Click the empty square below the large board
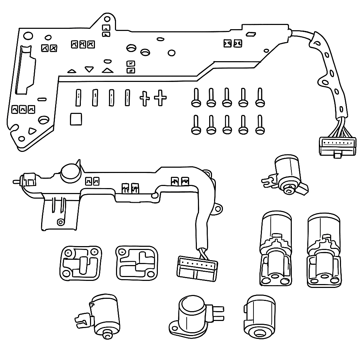[76, 119]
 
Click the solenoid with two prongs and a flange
[194, 314]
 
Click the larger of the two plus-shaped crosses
[160, 98]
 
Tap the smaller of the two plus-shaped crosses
[144, 99]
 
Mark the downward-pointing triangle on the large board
[89, 69]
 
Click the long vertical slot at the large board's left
[24, 70]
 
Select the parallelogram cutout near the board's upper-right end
[251, 34]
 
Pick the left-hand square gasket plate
[80, 263]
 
